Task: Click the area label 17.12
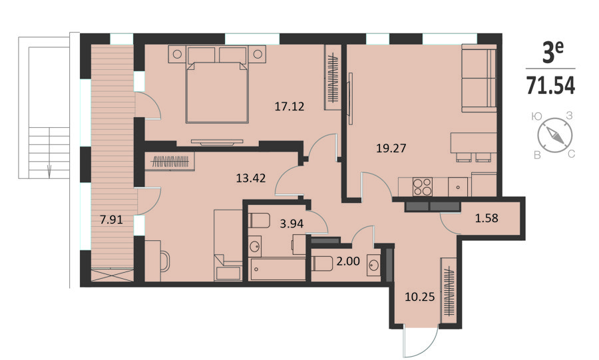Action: tap(290, 106)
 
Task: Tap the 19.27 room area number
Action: tap(391, 148)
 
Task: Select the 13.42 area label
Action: tap(251, 178)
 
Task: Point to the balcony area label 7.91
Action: tap(111, 220)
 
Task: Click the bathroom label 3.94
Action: tap(292, 224)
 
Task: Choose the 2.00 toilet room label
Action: tap(348, 261)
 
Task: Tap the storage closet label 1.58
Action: tap(487, 218)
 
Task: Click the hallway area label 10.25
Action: tap(419, 297)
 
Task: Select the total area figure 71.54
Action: tap(550, 86)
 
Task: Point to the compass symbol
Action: tap(554, 135)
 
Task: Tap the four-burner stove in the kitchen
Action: tap(422, 187)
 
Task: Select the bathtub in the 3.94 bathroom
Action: tap(277, 270)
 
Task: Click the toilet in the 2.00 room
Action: tap(323, 264)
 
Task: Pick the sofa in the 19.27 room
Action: tap(479, 79)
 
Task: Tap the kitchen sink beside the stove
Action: tap(458, 187)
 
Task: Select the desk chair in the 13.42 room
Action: tap(165, 261)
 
